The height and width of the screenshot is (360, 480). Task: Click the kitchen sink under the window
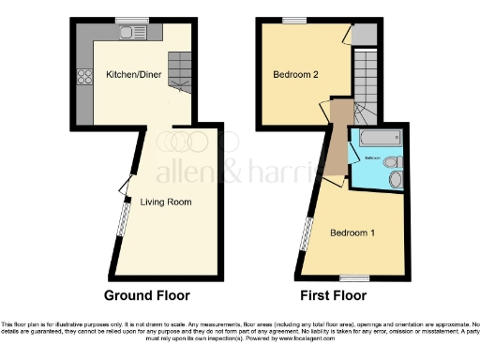(x=126, y=34)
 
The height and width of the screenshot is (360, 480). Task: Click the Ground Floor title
(x=146, y=295)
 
